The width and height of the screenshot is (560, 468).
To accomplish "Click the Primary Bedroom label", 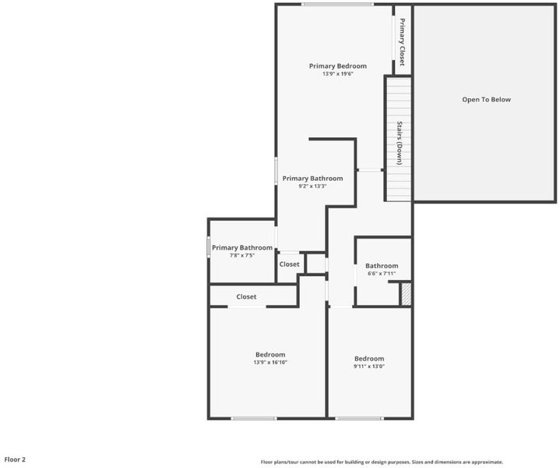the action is [338, 66].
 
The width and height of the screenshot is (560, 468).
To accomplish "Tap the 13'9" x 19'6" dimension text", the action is [338, 74].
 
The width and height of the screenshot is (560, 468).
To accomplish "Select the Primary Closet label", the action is [402, 42].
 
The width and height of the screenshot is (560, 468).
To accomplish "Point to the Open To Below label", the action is [487, 100].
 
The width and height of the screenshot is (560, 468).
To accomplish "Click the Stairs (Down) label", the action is [400, 143].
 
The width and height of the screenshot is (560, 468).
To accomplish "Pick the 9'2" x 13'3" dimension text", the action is [312, 186].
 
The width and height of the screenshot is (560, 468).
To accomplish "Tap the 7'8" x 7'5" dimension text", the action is [242, 256].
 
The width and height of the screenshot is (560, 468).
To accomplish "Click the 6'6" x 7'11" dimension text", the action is [382, 274].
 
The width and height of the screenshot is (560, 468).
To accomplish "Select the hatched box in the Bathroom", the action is [406, 294].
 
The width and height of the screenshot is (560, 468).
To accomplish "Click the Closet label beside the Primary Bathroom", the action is [289, 264].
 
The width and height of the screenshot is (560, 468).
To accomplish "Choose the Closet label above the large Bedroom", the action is [246, 297].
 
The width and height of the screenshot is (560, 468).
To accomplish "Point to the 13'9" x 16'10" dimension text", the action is [270, 363].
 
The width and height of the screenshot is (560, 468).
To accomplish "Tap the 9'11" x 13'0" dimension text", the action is [369, 367].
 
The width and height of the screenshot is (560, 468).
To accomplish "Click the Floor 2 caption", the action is [15, 459].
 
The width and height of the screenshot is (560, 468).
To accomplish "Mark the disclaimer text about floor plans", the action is [382, 462].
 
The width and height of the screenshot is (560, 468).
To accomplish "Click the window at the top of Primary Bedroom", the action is [337, 5].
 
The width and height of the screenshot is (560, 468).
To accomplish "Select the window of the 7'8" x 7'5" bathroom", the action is [209, 247].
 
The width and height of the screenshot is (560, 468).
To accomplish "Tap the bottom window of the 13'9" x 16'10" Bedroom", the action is [254, 418].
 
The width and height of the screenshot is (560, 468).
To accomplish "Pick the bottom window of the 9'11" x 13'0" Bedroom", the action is [359, 418].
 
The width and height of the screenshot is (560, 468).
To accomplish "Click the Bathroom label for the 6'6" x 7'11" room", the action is [382, 266].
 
